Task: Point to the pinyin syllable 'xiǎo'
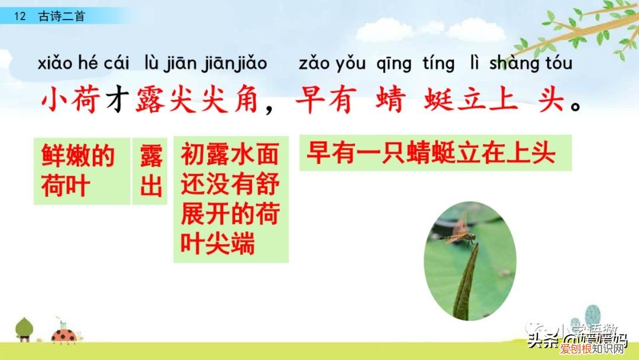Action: (54, 63)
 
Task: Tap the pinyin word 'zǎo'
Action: (315, 63)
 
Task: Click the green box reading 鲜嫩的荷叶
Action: (81, 171)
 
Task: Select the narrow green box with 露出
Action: (150, 171)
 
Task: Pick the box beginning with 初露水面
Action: (231, 199)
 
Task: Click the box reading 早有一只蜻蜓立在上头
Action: (435, 153)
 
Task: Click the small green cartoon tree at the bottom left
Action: (24, 329)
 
